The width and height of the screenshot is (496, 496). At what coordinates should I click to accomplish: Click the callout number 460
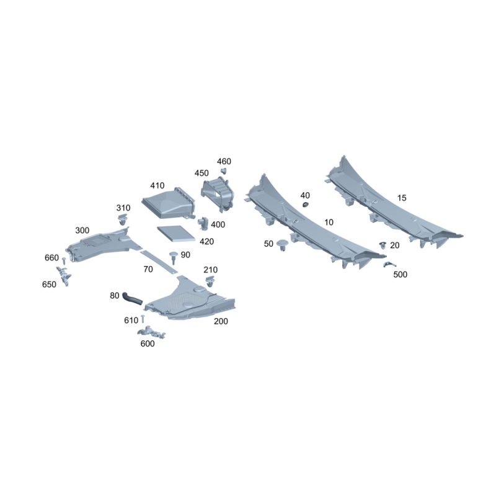pos(224,161)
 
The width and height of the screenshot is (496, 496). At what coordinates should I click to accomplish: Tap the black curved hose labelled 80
pos(132,298)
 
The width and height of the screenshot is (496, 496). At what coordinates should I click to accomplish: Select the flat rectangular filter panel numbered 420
pos(176,234)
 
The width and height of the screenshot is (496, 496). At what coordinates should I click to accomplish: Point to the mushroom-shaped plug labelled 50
pos(282,245)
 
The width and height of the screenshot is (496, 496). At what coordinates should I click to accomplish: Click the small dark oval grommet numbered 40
pos(306,205)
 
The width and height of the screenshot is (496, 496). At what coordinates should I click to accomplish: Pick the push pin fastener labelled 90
pos(174,257)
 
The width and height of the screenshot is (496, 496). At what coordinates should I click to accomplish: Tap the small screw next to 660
pos(64,260)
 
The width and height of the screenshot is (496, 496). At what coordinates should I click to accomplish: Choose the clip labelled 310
pos(122,219)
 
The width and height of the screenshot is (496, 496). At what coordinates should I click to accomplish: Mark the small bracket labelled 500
pos(389,265)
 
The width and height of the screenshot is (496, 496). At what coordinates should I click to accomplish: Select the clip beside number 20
pos(383,245)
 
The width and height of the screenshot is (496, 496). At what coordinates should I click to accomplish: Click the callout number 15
pos(402,198)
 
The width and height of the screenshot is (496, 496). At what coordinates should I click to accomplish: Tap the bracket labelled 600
pos(151,332)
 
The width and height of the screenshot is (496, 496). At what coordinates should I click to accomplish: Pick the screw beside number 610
pos(143,319)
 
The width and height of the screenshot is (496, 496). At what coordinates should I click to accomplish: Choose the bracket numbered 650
pos(64,276)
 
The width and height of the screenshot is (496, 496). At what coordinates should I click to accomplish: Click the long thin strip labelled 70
pos(159,262)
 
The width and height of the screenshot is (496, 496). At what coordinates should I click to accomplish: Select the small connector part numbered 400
pos(203,223)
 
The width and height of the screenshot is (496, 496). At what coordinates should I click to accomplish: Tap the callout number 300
pos(82,230)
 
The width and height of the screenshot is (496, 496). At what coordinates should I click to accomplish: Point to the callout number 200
pos(221,321)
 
